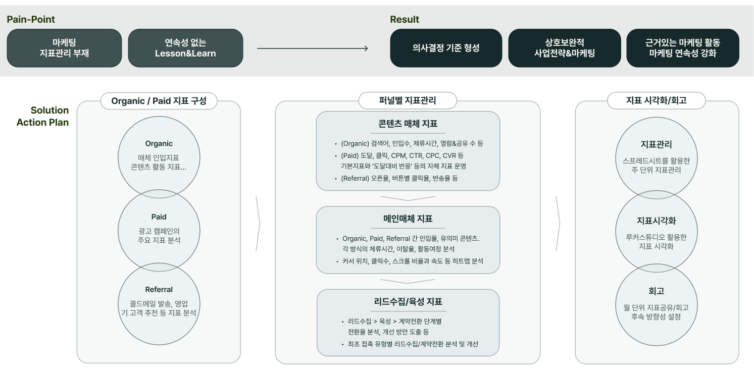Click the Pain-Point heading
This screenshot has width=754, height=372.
point(31,20)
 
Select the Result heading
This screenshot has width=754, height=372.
point(404,20)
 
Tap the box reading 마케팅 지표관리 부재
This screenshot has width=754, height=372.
point(64,48)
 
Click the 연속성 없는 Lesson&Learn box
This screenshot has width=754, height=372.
point(185,48)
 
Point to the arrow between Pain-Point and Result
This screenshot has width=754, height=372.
point(313,48)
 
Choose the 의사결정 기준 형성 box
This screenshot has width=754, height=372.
point(446,48)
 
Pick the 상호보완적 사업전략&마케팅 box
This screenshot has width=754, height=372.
point(565,48)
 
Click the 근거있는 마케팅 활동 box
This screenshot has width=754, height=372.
point(683,48)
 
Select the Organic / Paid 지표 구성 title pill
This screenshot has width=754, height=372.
point(159,101)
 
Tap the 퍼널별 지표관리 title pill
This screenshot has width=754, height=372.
point(408,100)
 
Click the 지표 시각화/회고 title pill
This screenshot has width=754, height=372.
point(657,100)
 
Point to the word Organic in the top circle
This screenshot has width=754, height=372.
point(159,144)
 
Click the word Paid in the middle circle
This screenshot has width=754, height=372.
point(159,217)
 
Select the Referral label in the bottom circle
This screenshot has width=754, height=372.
point(159,290)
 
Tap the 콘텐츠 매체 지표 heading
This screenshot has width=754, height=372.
point(408,124)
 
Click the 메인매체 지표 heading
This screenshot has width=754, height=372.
point(408,219)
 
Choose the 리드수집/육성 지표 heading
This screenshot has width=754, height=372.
point(408,302)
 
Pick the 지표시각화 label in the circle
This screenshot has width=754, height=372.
point(657,221)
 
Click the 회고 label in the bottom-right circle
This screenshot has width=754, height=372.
point(657,291)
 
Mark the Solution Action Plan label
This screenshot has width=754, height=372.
point(43,117)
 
